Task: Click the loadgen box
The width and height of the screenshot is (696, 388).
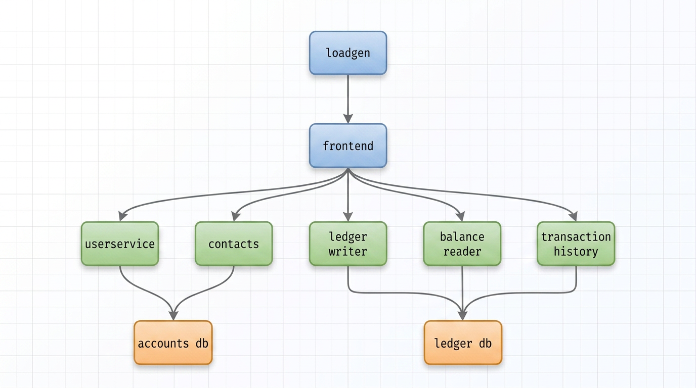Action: tap(348, 53)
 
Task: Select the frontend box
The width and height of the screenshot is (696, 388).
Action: tap(348, 145)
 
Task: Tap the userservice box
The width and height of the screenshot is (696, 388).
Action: tap(120, 244)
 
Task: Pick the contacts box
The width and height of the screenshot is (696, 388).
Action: tap(234, 244)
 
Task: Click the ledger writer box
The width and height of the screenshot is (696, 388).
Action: tap(348, 244)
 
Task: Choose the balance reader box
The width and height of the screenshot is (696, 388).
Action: tap(462, 244)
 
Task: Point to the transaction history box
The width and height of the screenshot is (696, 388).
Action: tap(576, 244)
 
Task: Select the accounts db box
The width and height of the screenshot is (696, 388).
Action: tap(173, 343)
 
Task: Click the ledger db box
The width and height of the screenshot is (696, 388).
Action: tap(463, 343)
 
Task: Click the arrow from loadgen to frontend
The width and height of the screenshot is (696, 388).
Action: tap(348, 99)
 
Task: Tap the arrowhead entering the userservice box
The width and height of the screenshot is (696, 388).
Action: tap(122, 216)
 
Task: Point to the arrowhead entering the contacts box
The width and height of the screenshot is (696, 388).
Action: tap(236, 216)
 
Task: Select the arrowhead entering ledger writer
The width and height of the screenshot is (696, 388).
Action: tap(348, 217)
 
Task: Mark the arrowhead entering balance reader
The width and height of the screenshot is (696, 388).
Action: tap(460, 216)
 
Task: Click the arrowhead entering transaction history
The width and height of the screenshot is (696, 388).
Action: tap(574, 216)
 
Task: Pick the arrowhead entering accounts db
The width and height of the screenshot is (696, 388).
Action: tap(173, 316)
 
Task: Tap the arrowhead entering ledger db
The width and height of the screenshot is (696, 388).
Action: tap(463, 316)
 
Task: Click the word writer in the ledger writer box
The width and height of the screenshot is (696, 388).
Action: tap(348, 251)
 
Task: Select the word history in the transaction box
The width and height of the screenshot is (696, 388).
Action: tap(576, 251)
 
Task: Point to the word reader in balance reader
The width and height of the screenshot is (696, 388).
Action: tap(462, 251)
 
